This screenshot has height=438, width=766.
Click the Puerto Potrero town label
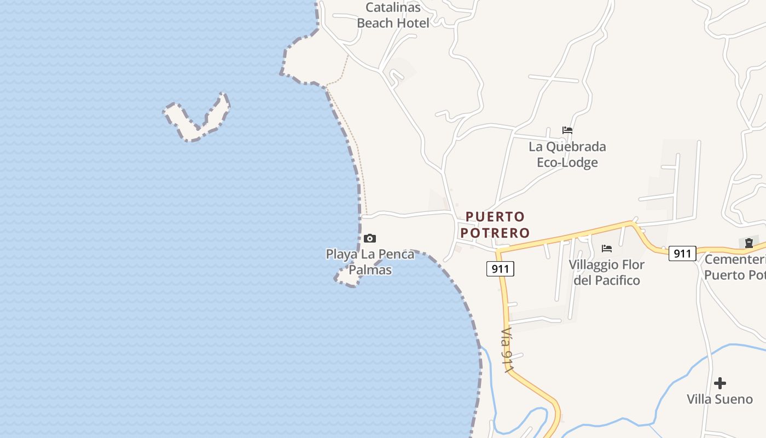(x=495, y=224)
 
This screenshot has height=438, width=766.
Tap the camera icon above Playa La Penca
(x=370, y=238)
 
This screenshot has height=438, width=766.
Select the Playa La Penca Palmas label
(x=370, y=262)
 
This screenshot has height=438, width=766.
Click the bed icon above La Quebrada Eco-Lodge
(x=567, y=130)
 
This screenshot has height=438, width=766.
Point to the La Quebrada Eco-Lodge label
(x=567, y=154)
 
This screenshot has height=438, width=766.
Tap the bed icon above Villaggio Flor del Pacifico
(x=607, y=248)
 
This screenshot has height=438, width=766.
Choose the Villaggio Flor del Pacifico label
(x=607, y=272)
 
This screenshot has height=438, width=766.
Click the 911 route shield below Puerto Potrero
(x=500, y=268)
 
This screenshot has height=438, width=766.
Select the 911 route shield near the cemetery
(x=682, y=253)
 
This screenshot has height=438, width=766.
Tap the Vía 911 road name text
(x=508, y=351)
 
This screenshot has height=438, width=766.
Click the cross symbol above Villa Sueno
(x=720, y=383)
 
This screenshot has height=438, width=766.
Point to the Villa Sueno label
(x=720, y=399)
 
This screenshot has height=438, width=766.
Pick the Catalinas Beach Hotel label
(x=393, y=15)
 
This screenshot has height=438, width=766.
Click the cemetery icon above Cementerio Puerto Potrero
(x=748, y=243)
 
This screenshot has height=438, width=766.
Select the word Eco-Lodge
(x=567, y=163)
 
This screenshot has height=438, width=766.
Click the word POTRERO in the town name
(x=495, y=233)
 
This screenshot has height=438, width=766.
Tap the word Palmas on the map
(x=370, y=270)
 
